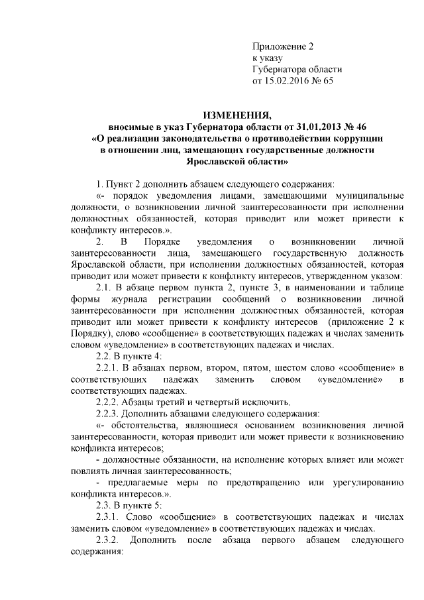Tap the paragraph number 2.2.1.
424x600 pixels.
tap(110, 367)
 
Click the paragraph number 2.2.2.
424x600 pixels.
tap(110, 402)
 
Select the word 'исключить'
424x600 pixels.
tap(263, 402)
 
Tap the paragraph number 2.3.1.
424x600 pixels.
tap(111, 516)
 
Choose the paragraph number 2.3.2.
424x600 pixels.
tap(110, 540)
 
